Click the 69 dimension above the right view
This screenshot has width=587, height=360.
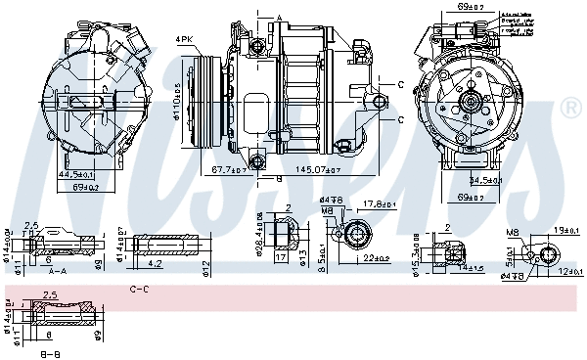[472, 8]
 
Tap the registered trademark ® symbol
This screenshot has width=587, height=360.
[570, 107]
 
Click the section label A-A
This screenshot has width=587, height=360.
[57, 272]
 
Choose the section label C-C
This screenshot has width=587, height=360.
[139, 290]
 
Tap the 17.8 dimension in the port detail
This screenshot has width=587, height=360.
[377, 204]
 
